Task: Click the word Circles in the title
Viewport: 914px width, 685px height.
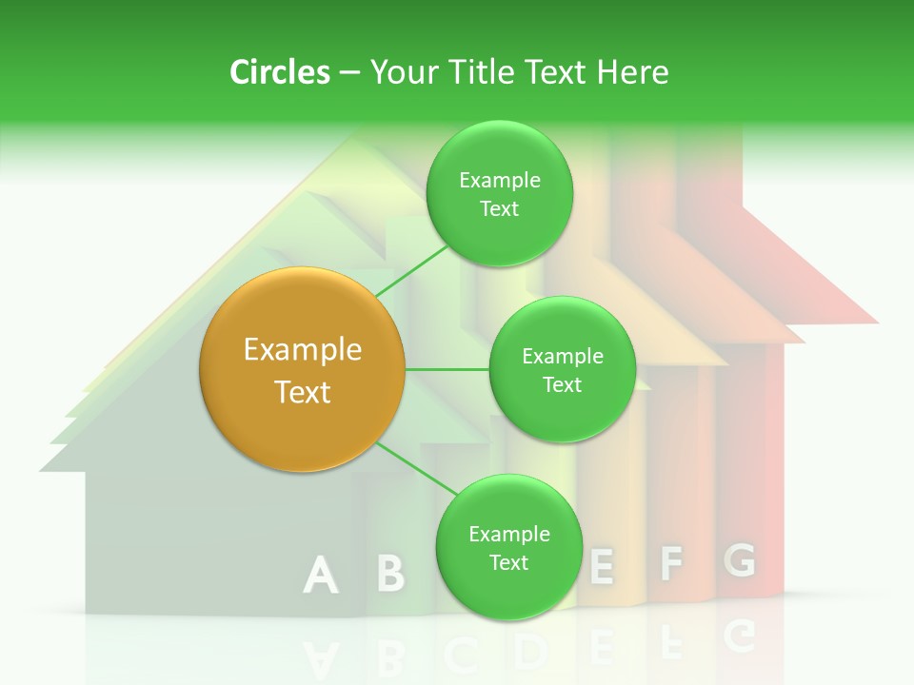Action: (279, 72)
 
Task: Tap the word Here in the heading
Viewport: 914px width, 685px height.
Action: (632, 72)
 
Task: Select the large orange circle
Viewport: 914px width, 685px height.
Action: (303, 370)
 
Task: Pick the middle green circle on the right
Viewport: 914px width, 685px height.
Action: (562, 370)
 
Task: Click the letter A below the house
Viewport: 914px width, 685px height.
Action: (321, 576)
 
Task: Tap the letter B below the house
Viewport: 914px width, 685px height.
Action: (390, 574)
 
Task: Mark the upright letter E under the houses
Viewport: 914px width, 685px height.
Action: (601, 567)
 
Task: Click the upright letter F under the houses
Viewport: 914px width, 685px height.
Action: (671, 563)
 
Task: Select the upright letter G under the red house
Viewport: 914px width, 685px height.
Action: (740, 560)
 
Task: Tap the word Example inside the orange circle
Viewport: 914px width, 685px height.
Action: (303, 350)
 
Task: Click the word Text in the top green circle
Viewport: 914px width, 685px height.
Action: (499, 209)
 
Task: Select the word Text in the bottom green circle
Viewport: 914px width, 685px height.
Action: (508, 563)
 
